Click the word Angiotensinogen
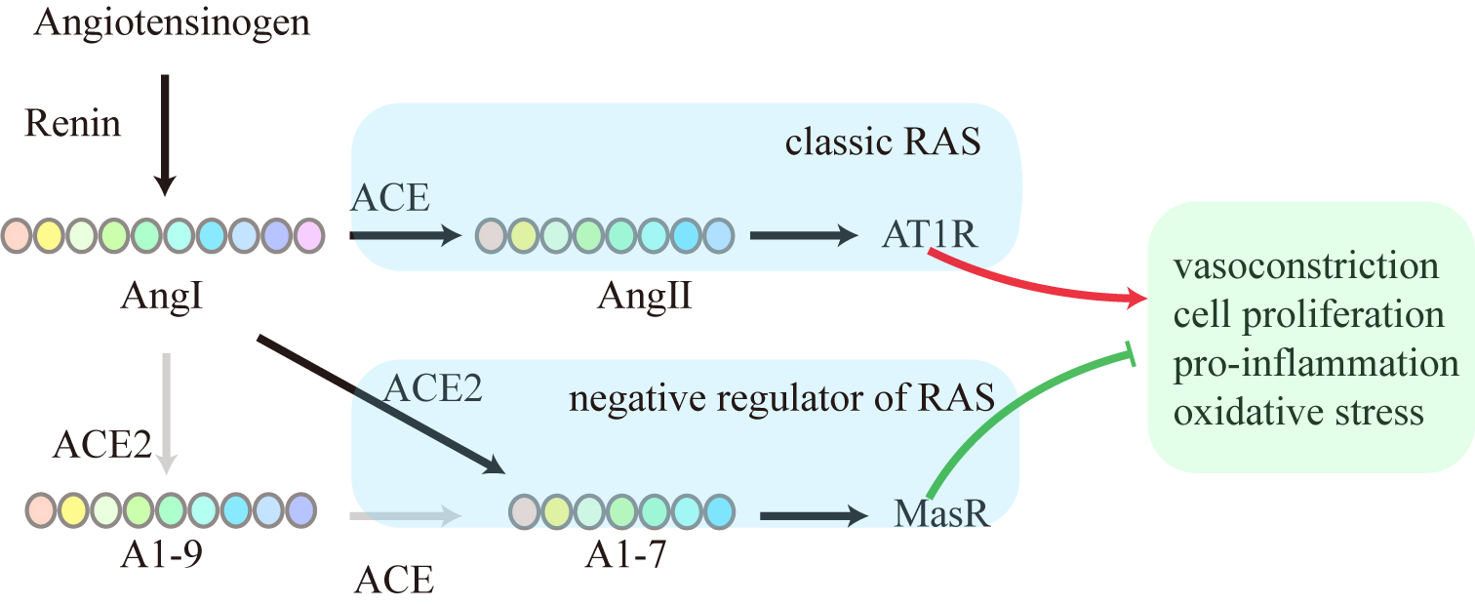[x=172, y=21]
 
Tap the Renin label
[x=73, y=124]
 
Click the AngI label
[x=162, y=294]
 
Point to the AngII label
[x=645, y=294]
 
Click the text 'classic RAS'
[x=883, y=143]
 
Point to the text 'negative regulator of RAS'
[x=781, y=397]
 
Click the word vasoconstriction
[x=1306, y=265]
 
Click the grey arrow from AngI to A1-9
[x=167, y=410]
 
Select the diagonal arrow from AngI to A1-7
[x=380, y=405]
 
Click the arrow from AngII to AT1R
[x=800, y=235]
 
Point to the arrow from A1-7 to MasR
[x=815, y=513]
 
